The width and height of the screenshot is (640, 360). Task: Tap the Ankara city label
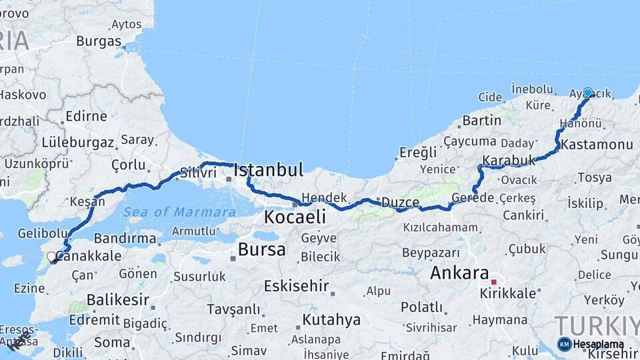tap(459, 273)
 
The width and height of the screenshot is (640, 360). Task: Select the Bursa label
tap(262, 250)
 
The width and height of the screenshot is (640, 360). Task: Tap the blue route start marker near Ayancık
tap(587, 93)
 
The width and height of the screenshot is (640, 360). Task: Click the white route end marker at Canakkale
tap(51, 256)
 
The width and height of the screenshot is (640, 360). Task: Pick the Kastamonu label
tap(596, 145)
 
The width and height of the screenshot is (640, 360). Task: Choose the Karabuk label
tap(509, 161)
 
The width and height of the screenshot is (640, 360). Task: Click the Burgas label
tap(99, 41)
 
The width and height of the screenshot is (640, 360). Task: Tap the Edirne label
tap(87, 116)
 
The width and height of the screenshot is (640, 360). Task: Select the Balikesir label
tap(117, 299)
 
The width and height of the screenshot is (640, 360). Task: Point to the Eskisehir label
tap(296, 286)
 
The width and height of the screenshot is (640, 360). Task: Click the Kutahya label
tap(331, 319)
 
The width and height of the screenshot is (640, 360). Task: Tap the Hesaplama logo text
tap(599, 345)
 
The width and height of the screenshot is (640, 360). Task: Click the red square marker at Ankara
tap(493, 282)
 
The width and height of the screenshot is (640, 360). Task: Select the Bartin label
tap(481, 121)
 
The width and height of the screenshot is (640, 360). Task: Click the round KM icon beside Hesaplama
tap(564, 344)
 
